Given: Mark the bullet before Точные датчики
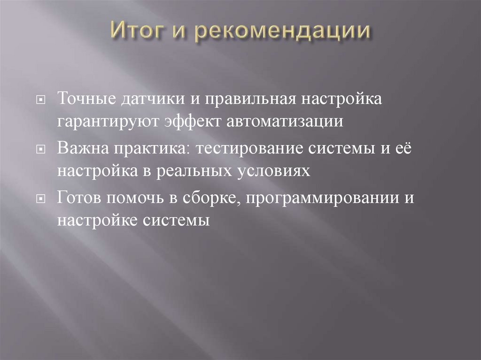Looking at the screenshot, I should click(x=42, y=100).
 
